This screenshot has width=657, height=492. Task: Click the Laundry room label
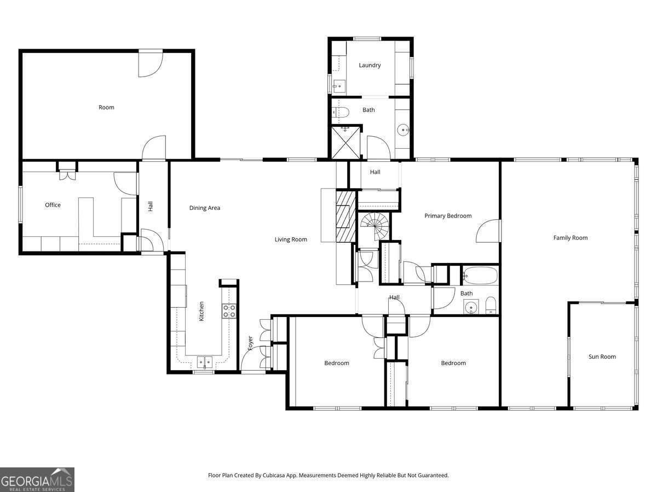[370, 65]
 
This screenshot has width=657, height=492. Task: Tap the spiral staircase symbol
[374, 226]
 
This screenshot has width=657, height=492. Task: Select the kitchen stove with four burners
[229, 311]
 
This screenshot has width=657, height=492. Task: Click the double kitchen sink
[205, 362]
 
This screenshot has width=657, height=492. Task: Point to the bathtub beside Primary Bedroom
[480, 276]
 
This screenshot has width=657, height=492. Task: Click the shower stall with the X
[345, 143]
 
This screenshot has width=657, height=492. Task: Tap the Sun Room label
[602, 356]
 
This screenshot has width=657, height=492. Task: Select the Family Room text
[570, 238]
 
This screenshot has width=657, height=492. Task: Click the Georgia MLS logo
[37, 479]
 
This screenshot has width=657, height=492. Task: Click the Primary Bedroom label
[448, 216]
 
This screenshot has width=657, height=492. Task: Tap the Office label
[53, 205]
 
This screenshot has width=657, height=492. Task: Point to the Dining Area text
[204, 208]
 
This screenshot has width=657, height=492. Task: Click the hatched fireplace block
[345, 216]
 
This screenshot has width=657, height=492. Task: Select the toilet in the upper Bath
[341, 113]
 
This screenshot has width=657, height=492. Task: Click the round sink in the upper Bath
[403, 130]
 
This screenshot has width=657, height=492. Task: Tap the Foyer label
[250, 343]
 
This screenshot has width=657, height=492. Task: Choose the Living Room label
[291, 239]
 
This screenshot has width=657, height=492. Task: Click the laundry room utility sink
[339, 86]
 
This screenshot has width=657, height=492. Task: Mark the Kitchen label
[201, 311]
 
